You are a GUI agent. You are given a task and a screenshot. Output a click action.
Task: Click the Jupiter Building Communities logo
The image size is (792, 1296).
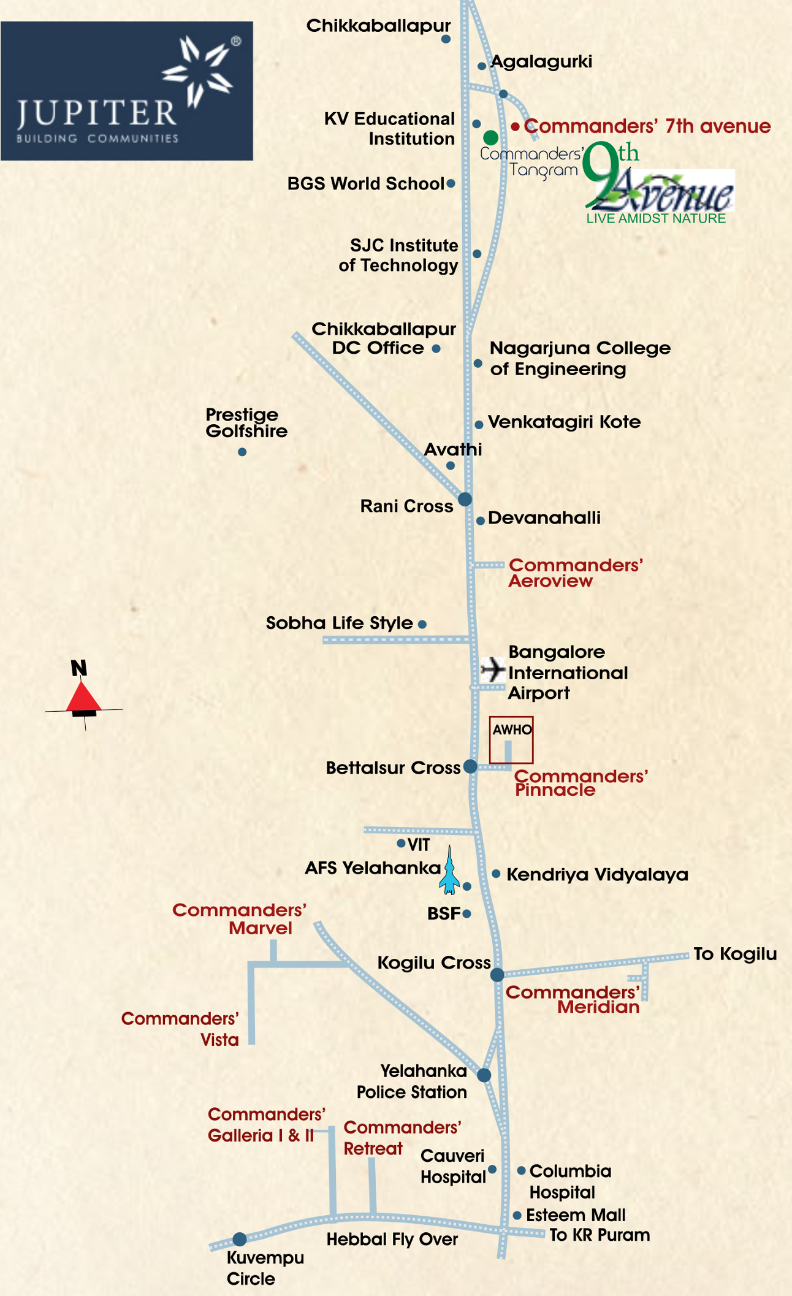[127, 91]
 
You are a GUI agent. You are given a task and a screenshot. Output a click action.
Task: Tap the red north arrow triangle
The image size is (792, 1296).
[83, 697]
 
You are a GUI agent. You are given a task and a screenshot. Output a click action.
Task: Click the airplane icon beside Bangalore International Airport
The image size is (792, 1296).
[493, 669]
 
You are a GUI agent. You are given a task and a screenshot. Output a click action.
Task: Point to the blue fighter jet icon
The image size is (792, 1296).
[449, 869]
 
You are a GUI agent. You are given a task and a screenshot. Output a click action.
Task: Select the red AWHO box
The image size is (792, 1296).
[511, 740]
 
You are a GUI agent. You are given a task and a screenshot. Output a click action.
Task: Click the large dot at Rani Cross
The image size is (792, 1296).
[465, 499]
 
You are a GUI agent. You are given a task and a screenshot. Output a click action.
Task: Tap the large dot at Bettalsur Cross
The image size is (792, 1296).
[470, 766]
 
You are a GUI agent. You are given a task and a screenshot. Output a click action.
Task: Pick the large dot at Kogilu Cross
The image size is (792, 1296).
[497, 974]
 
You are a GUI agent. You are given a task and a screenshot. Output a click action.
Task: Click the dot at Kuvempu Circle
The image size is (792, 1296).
[240, 1239]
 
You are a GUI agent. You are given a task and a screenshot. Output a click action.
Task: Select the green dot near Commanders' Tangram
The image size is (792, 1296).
[490, 137]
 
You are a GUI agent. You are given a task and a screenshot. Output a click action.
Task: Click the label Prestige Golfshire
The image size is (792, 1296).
[246, 422]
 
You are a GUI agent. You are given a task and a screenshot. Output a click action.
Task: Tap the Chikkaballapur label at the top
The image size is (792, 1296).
[378, 26]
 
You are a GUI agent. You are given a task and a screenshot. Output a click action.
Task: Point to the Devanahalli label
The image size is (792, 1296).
[544, 517]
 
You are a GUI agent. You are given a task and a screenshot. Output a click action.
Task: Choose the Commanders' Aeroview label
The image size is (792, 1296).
[576, 573]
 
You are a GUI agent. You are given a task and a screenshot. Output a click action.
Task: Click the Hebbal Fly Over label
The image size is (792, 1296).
[392, 1239]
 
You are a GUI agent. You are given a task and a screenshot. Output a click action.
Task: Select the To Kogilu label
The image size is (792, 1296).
[735, 954]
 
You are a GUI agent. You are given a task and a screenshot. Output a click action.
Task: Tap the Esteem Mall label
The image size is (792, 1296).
[576, 1214]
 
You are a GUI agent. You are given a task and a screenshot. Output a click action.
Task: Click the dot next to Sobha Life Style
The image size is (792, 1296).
[422, 624]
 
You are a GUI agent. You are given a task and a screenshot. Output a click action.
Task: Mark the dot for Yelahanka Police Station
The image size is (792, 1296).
[484, 1075]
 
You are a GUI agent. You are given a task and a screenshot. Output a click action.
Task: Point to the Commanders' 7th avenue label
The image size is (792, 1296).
[647, 126]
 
